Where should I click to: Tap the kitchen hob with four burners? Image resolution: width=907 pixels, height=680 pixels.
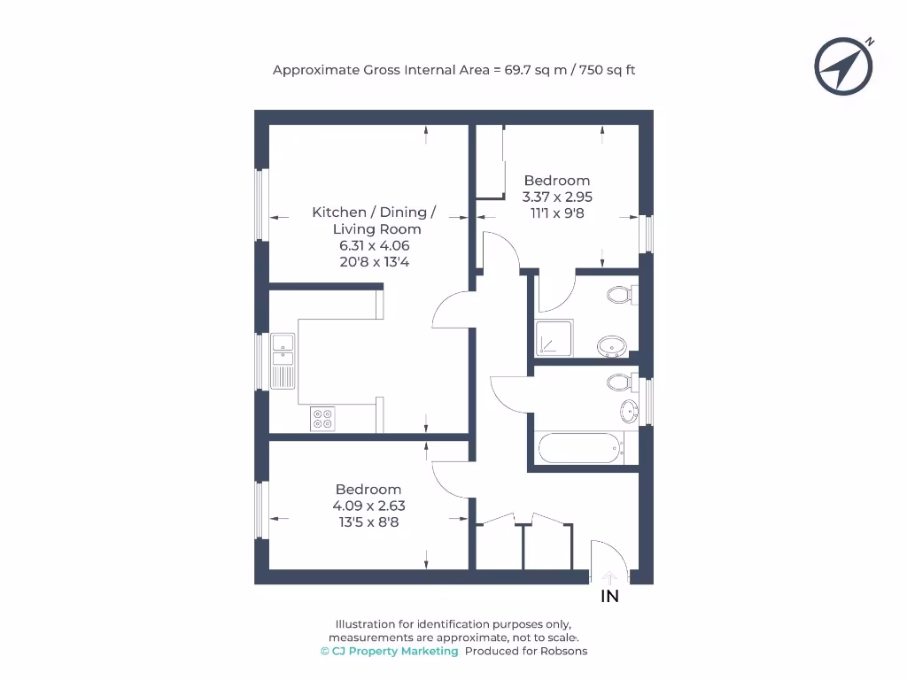(322, 418)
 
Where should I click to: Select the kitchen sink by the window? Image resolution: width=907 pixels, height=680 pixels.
(283, 359)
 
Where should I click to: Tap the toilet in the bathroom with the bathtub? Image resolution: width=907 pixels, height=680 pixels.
(622, 382)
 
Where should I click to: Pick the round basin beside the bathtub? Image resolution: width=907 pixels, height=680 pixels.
(629, 410)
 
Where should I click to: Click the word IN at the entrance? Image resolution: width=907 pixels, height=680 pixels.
(610, 597)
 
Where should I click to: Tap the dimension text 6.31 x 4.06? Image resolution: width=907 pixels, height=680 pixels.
(373, 245)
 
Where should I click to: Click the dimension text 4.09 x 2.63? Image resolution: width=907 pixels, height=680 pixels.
(368, 506)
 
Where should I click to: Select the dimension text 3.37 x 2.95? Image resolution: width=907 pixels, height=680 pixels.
(557, 197)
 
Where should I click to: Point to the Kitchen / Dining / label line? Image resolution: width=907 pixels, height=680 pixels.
(374, 212)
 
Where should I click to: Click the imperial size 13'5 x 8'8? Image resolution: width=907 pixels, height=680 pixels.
(368, 522)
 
